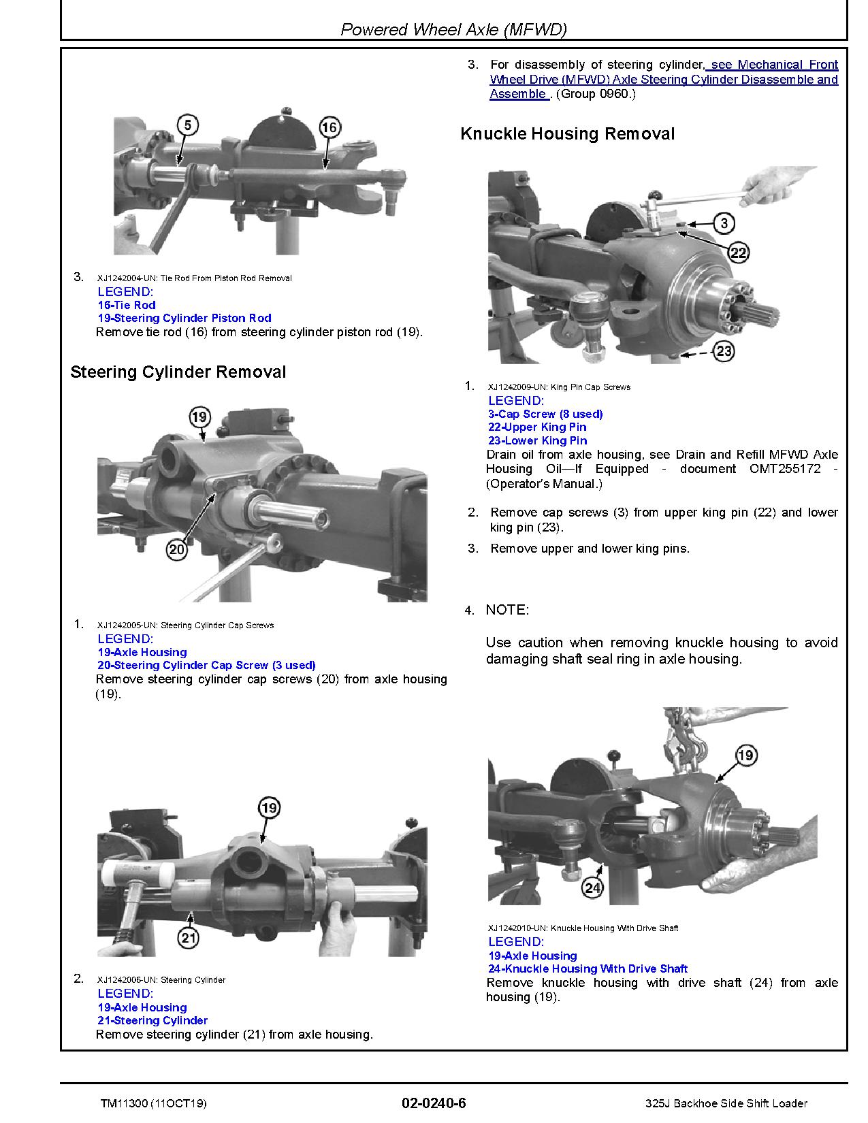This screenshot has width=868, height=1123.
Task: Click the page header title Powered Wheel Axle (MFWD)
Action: click(453, 29)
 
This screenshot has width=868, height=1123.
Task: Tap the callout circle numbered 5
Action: click(188, 125)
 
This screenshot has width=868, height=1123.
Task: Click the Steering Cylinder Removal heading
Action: click(178, 372)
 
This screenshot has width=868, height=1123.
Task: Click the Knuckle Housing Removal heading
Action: click(567, 133)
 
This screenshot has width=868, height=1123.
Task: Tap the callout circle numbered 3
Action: click(724, 223)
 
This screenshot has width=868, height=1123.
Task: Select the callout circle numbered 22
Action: click(738, 253)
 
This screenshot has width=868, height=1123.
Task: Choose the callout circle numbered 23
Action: click(724, 352)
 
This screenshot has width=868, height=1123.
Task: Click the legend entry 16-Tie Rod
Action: click(127, 305)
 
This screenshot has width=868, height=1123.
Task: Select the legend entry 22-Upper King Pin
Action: click(537, 427)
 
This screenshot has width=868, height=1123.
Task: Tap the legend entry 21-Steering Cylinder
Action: click(152, 1021)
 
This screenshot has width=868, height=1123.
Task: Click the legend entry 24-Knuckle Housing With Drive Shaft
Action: click(588, 969)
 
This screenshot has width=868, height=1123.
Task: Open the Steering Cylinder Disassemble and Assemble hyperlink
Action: click(664, 80)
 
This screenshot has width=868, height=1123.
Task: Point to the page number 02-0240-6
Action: click(434, 1103)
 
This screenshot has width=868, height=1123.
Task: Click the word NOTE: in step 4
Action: click(507, 610)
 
